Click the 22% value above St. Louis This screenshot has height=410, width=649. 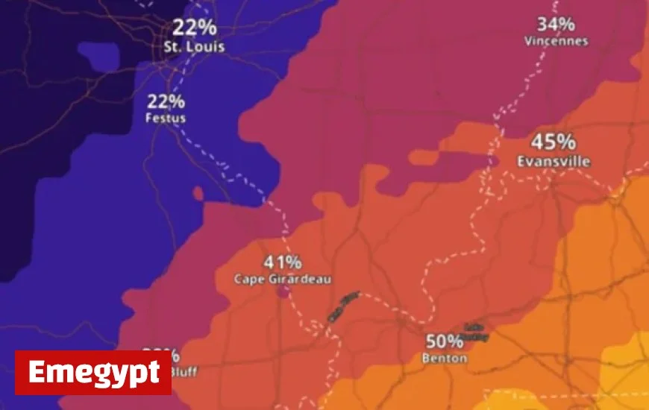(x=195, y=28)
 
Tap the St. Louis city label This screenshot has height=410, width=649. (x=194, y=46)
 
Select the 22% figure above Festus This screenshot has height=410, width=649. (x=166, y=102)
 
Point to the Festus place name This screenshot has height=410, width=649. (x=166, y=118)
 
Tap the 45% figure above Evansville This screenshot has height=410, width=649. (x=553, y=142)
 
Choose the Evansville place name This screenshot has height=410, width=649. (x=554, y=161)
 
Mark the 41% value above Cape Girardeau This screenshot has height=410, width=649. (x=283, y=262)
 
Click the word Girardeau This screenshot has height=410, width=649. (x=298, y=280)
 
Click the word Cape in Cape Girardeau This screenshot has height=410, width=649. (x=248, y=280)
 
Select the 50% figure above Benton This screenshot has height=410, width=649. (x=445, y=342)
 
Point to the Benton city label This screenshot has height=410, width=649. (x=445, y=359)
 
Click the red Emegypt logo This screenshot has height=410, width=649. (x=93, y=372)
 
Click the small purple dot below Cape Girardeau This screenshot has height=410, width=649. (x=283, y=292)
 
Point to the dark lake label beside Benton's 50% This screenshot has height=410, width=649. (x=476, y=332)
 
